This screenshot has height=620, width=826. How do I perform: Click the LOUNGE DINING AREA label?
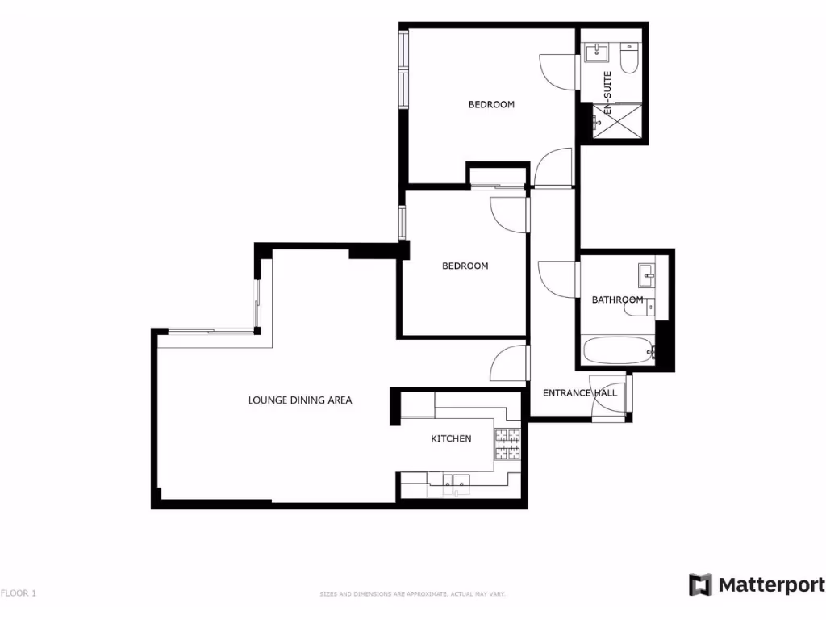tap(300, 400)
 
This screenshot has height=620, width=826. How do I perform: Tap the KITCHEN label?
tap(451, 438)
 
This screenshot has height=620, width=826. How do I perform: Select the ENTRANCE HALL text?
tap(579, 393)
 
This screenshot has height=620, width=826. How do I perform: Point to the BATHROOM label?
tap(617, 300)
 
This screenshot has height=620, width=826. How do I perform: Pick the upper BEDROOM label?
tap(491, 104)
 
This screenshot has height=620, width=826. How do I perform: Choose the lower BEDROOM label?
tap(465, 266)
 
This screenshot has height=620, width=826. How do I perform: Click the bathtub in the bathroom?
tap(617, 352)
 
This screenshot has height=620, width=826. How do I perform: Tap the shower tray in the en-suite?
tap(619, 122)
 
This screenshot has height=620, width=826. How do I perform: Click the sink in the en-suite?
tap(598, 53)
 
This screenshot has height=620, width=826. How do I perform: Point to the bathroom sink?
tap(647, 276)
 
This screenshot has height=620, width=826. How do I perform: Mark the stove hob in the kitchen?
tap(507, 442)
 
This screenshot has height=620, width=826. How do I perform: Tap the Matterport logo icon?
tap(700, 585)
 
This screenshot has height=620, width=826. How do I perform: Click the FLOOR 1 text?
tap(19, 593)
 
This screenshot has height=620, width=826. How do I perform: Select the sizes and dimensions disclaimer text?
tap(412, 595)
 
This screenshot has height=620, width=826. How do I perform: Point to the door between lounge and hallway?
tap(508, 364)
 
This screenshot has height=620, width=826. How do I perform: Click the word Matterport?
tap(771, 585)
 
